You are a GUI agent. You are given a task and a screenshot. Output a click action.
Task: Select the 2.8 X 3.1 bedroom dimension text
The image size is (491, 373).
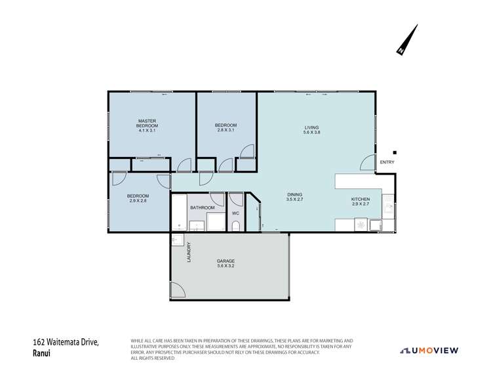click(x=226, y=130)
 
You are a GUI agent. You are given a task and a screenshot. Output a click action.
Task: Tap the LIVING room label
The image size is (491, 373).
click(x=311, y=127)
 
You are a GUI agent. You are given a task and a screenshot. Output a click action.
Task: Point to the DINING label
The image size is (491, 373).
click(x=294, y=194)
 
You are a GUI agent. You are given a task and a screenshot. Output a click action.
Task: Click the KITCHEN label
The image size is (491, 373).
click(x=361, y=199)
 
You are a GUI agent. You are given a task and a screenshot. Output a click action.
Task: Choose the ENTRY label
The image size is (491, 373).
click(x=387, y=162)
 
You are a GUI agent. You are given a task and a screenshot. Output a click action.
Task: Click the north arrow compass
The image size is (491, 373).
click(x=407, y=40)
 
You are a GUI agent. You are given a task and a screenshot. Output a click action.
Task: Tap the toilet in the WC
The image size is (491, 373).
click(x=235, y=226)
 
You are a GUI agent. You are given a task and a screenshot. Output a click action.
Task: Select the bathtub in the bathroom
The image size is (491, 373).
click(x=178, y=213)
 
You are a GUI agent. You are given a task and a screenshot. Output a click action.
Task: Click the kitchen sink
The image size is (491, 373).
click(x=388, y=208)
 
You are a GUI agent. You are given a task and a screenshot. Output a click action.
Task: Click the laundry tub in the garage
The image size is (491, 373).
click(x=178, y=240)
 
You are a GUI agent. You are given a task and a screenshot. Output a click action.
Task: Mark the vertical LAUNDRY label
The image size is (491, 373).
click(x=189, y=253)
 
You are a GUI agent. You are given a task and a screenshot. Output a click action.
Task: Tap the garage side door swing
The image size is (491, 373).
click(x=177, y=290)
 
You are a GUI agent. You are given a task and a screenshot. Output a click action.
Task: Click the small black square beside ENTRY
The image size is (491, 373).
click(x=395, y=152)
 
